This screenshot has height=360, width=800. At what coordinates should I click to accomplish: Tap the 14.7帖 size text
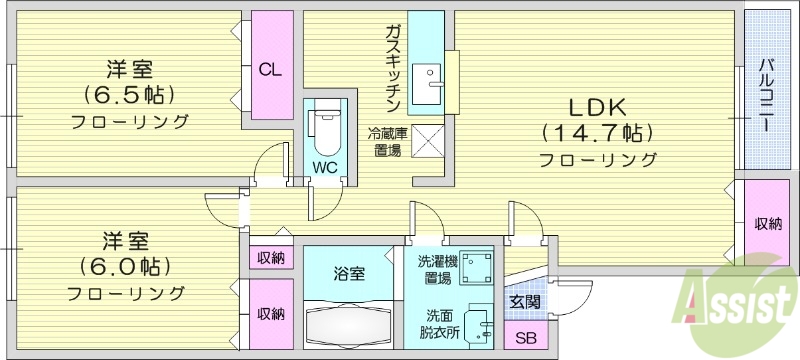point(598,132)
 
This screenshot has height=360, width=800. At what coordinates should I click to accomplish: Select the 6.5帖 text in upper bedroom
point(129,96)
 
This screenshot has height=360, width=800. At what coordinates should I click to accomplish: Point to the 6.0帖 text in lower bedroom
point(125,267)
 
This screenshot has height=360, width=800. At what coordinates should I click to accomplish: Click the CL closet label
point(270,70)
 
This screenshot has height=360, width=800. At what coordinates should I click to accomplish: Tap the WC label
point(324,166)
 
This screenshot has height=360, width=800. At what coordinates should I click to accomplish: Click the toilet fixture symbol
point(325,129)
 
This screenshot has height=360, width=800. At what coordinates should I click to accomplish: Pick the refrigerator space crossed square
point(427,140)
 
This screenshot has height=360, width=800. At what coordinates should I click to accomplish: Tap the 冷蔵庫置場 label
point(387,141)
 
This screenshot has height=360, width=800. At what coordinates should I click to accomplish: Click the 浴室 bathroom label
point(349,272)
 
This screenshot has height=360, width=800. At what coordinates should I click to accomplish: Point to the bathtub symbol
point(349,326)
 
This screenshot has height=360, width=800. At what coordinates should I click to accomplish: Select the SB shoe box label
point(525,337)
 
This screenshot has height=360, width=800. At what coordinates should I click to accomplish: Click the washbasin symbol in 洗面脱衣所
point(480,324)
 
